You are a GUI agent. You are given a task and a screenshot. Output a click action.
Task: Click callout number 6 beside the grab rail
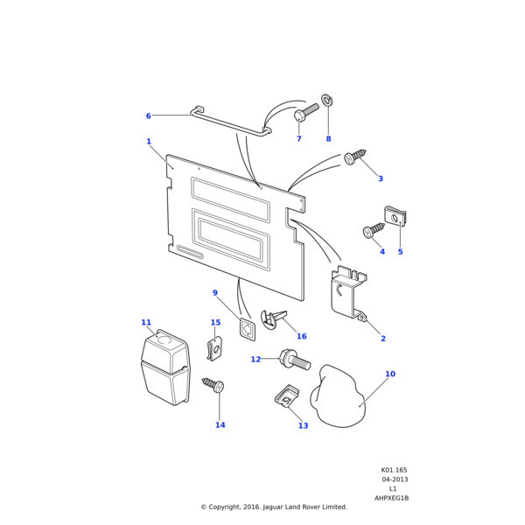[x=148, y=116]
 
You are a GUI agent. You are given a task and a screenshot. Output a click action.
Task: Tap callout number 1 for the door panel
[x=149, y=142]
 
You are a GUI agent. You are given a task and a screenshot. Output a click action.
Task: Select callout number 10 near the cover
[x=390, y=374]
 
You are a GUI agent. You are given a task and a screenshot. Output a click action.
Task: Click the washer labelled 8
[x=327, y=100]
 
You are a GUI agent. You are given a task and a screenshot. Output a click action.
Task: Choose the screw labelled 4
[x=373, y=230]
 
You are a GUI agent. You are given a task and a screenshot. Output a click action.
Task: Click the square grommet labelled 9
[x=248, y=330]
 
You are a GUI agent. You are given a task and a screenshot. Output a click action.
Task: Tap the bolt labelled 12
[x=290, y=358]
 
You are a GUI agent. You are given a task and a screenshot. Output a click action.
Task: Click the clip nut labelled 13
[x=286, y=398]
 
